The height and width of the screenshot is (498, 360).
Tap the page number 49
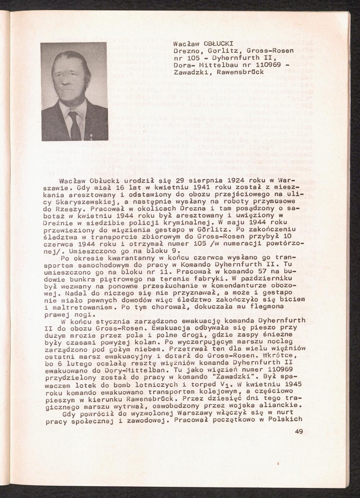pyautogui.click(x=298, y=431)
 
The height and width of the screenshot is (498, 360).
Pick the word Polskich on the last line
pyautogui.click(x=287, y=419)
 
